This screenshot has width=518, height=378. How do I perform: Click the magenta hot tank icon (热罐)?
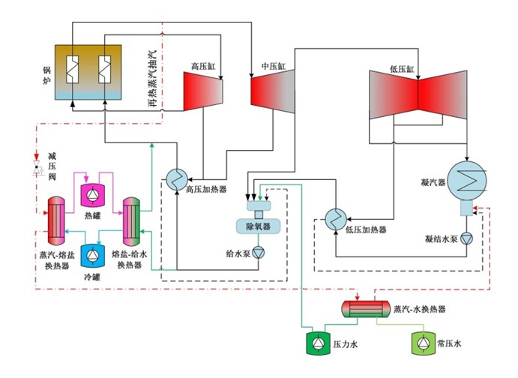click(91, 194)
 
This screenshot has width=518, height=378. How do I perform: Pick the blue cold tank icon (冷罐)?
click(91, 256)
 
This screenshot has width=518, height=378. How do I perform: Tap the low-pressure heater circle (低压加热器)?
click(335, 218)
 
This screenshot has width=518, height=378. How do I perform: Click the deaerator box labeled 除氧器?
click(258, 226)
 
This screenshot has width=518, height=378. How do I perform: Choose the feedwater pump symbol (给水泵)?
click(258, 252)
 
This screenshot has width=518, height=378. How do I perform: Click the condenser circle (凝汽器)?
click(468, 181)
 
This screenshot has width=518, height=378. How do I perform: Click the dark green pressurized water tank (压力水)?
click(316, 343)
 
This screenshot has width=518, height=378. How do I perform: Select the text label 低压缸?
click(401, 67)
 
